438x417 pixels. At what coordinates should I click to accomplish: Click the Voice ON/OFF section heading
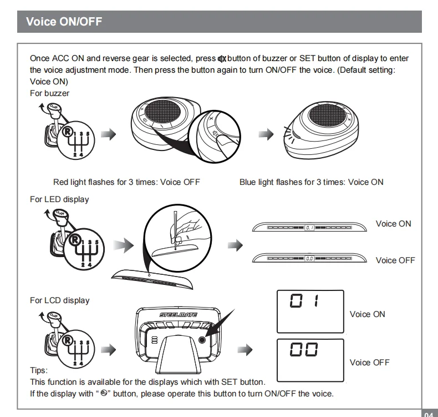pos(64,22)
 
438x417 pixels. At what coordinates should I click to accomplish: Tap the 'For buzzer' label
pos(49,93)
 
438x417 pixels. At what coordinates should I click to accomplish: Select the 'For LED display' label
pos(59,199)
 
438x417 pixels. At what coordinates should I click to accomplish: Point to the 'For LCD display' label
pos(59,300)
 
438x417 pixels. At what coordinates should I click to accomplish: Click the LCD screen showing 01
pos(310,310)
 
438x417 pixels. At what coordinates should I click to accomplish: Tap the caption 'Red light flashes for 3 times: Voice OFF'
pos(126,182)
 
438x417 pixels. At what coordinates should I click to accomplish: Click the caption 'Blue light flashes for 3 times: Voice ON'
pos(311,182)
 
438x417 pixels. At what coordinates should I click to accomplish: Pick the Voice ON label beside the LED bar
pos(394,224)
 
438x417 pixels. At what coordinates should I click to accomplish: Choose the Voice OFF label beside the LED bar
pos(395,260)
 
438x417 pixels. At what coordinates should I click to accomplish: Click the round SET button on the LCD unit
pos(202,340)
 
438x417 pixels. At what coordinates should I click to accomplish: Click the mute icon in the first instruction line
pos(223,59)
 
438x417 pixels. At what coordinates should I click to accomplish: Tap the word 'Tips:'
pos(39,370)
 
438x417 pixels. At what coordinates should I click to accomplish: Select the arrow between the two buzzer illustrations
pos(267,134)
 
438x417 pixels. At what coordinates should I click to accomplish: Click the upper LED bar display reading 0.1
pos(309,227)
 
